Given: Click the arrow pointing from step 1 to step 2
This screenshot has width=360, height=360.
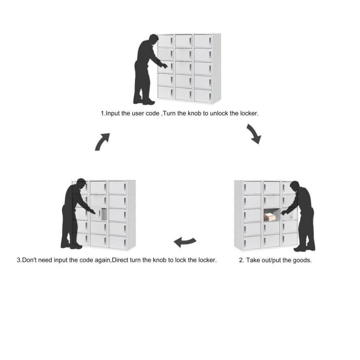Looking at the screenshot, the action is (254, 134).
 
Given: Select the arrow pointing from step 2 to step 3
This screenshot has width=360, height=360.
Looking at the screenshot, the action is (185, 242).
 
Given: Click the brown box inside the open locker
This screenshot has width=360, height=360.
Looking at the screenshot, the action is (269, 216).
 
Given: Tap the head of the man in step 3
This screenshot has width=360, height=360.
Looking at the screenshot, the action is (81, 184).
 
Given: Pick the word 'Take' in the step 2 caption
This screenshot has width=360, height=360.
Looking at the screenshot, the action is (253, 260).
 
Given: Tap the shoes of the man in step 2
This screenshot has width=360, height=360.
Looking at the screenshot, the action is (305, 248).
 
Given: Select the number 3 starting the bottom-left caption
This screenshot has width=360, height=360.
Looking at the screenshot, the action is (18, 260).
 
